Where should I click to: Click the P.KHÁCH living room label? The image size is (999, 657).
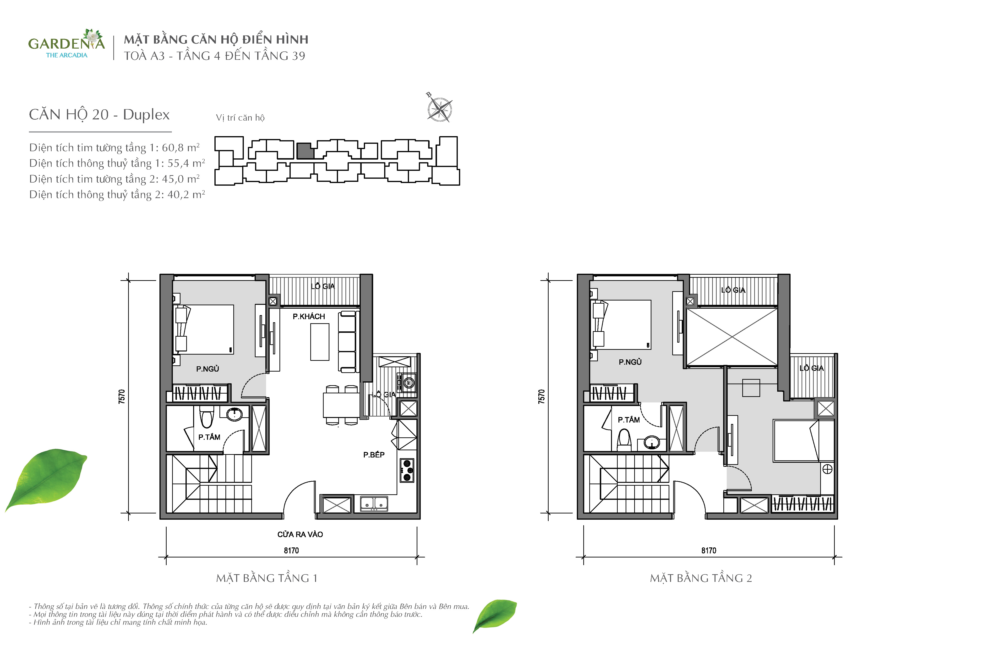309,316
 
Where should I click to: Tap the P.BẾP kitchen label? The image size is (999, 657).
374,455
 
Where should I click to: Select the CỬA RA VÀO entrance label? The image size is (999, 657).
300,534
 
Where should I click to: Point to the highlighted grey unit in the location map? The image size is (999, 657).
305,151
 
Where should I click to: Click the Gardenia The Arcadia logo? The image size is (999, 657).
66,44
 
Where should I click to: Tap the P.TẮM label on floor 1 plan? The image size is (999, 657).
209,437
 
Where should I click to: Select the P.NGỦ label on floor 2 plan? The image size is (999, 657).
630,362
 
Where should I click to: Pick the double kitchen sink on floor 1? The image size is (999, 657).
374,503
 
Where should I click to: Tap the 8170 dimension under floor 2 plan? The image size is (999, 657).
709,550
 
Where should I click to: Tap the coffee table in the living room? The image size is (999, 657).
320,342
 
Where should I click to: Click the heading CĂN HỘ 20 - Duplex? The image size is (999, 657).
99,114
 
